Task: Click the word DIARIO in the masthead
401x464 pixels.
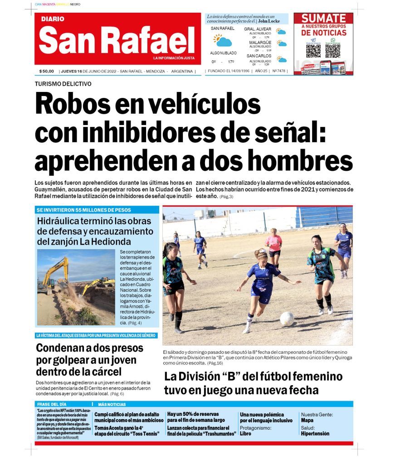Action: point(53,19)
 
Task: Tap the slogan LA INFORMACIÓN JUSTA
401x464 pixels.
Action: point(174,58)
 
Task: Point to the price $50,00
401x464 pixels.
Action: point(47,71)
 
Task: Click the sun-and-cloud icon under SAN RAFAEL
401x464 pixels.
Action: point(222,40)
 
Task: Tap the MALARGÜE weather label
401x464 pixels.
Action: point(260,43)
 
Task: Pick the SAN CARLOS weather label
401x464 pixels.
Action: point(259,56)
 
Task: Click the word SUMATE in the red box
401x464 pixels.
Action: point(323,18)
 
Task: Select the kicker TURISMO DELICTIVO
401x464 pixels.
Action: point(63,84)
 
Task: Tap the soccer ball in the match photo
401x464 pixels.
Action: point(287,319)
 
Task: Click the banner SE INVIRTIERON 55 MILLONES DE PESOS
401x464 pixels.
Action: point(84,210)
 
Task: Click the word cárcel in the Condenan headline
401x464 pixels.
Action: point(103,372)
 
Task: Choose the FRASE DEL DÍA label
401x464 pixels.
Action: point(52,404)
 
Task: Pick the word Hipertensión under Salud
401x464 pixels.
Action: point(314,434)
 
